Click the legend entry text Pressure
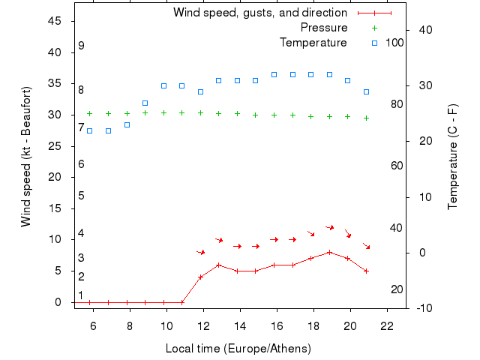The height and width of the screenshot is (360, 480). (324, 28)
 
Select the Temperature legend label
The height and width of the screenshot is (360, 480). (313, 43)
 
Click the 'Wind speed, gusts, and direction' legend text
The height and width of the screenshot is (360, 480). (259, 13)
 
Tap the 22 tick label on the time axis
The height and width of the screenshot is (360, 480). (387, 326)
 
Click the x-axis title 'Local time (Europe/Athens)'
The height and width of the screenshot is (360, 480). (238, 349)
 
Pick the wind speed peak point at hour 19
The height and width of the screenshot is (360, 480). (329, 252)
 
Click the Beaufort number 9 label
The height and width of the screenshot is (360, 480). (81, 46)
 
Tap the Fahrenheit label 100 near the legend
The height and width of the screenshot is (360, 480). (394, 43)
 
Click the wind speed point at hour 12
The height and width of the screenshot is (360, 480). (200, 277)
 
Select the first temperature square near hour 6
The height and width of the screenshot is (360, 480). (90, 130)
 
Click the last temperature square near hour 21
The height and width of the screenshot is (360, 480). (366, 91)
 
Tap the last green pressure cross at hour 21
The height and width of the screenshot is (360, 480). (366, 118)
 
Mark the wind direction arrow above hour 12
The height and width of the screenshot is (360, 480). (200, 253)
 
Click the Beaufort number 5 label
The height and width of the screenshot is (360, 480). (81, 196)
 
